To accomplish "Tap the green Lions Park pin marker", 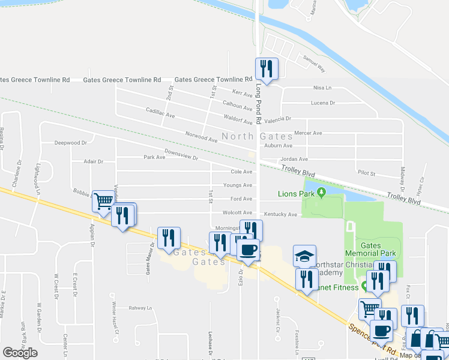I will coord(322,193).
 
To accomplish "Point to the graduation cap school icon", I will coord(304,256).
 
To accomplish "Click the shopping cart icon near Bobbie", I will coord(103,202).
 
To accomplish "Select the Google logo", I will coord(20,353).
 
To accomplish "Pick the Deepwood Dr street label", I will coord(71,143).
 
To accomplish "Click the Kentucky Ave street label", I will coord(280,214).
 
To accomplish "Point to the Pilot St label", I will coord(366,173).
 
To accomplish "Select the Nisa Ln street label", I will coord(322,88).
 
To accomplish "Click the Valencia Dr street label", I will coord(277,119).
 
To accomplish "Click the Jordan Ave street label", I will coord(294,159).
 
